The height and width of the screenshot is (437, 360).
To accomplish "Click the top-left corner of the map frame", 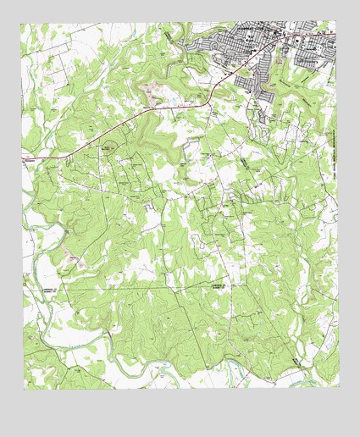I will (x=23, y=23).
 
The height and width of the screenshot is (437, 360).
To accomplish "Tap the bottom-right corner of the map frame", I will (x=337, y=387).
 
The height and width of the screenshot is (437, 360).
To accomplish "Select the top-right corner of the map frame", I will (x=337, y=23).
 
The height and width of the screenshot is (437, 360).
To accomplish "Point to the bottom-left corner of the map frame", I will (x=23, y=387).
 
